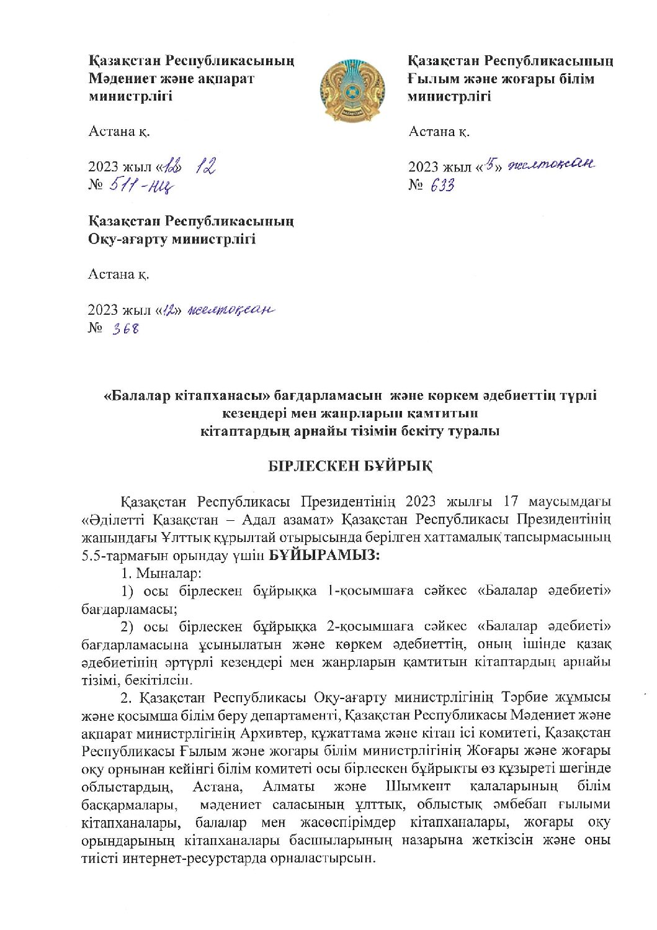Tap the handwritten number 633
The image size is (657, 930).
point(442,185)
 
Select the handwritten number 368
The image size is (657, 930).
point(126,328)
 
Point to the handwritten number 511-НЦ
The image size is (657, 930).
point(142,184)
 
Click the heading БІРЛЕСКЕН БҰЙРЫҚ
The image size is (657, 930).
point(351,466)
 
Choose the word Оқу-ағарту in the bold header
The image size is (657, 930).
point(128,239)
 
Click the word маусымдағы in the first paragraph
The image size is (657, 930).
point(571,501)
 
